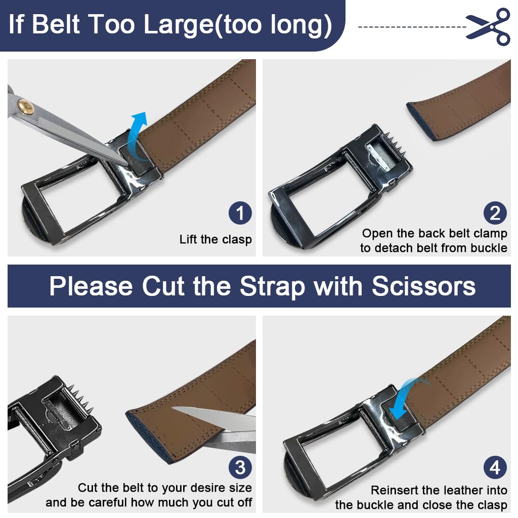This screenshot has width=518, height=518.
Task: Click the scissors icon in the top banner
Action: (489, 26)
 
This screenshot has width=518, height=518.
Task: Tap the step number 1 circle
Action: (240, 213)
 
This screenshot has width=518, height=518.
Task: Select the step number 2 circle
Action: (495, 213)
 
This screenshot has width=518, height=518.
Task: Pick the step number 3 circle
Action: (240, 467)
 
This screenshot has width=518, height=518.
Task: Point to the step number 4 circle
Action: (495, 467)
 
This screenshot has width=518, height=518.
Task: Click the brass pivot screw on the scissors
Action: (26, 107)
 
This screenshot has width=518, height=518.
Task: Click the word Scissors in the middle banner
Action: (423, 286)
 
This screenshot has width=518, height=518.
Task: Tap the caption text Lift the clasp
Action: (215, 239)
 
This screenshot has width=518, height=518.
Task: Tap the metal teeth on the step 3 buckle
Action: (81, 399)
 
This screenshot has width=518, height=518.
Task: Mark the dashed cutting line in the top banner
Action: (412, 27)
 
